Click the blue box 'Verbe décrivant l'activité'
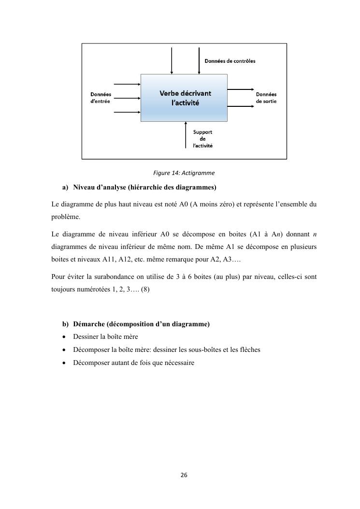tap(184, 98)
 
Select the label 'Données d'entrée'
tap(101, 98)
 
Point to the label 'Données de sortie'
tap(266, 98)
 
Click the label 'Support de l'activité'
tap(202, 139)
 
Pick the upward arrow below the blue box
tap(186, 135)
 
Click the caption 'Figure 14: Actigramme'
tap(184, 173)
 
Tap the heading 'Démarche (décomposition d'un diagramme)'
tap(141, 323)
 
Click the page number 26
tap(184, 475)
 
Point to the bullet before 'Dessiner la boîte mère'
tap(64, 336)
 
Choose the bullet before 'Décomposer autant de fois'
tap(64, 363)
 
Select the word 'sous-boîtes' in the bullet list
tap(202, 349)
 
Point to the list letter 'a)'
tap(65, 187)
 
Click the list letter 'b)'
tap(65, 323)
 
